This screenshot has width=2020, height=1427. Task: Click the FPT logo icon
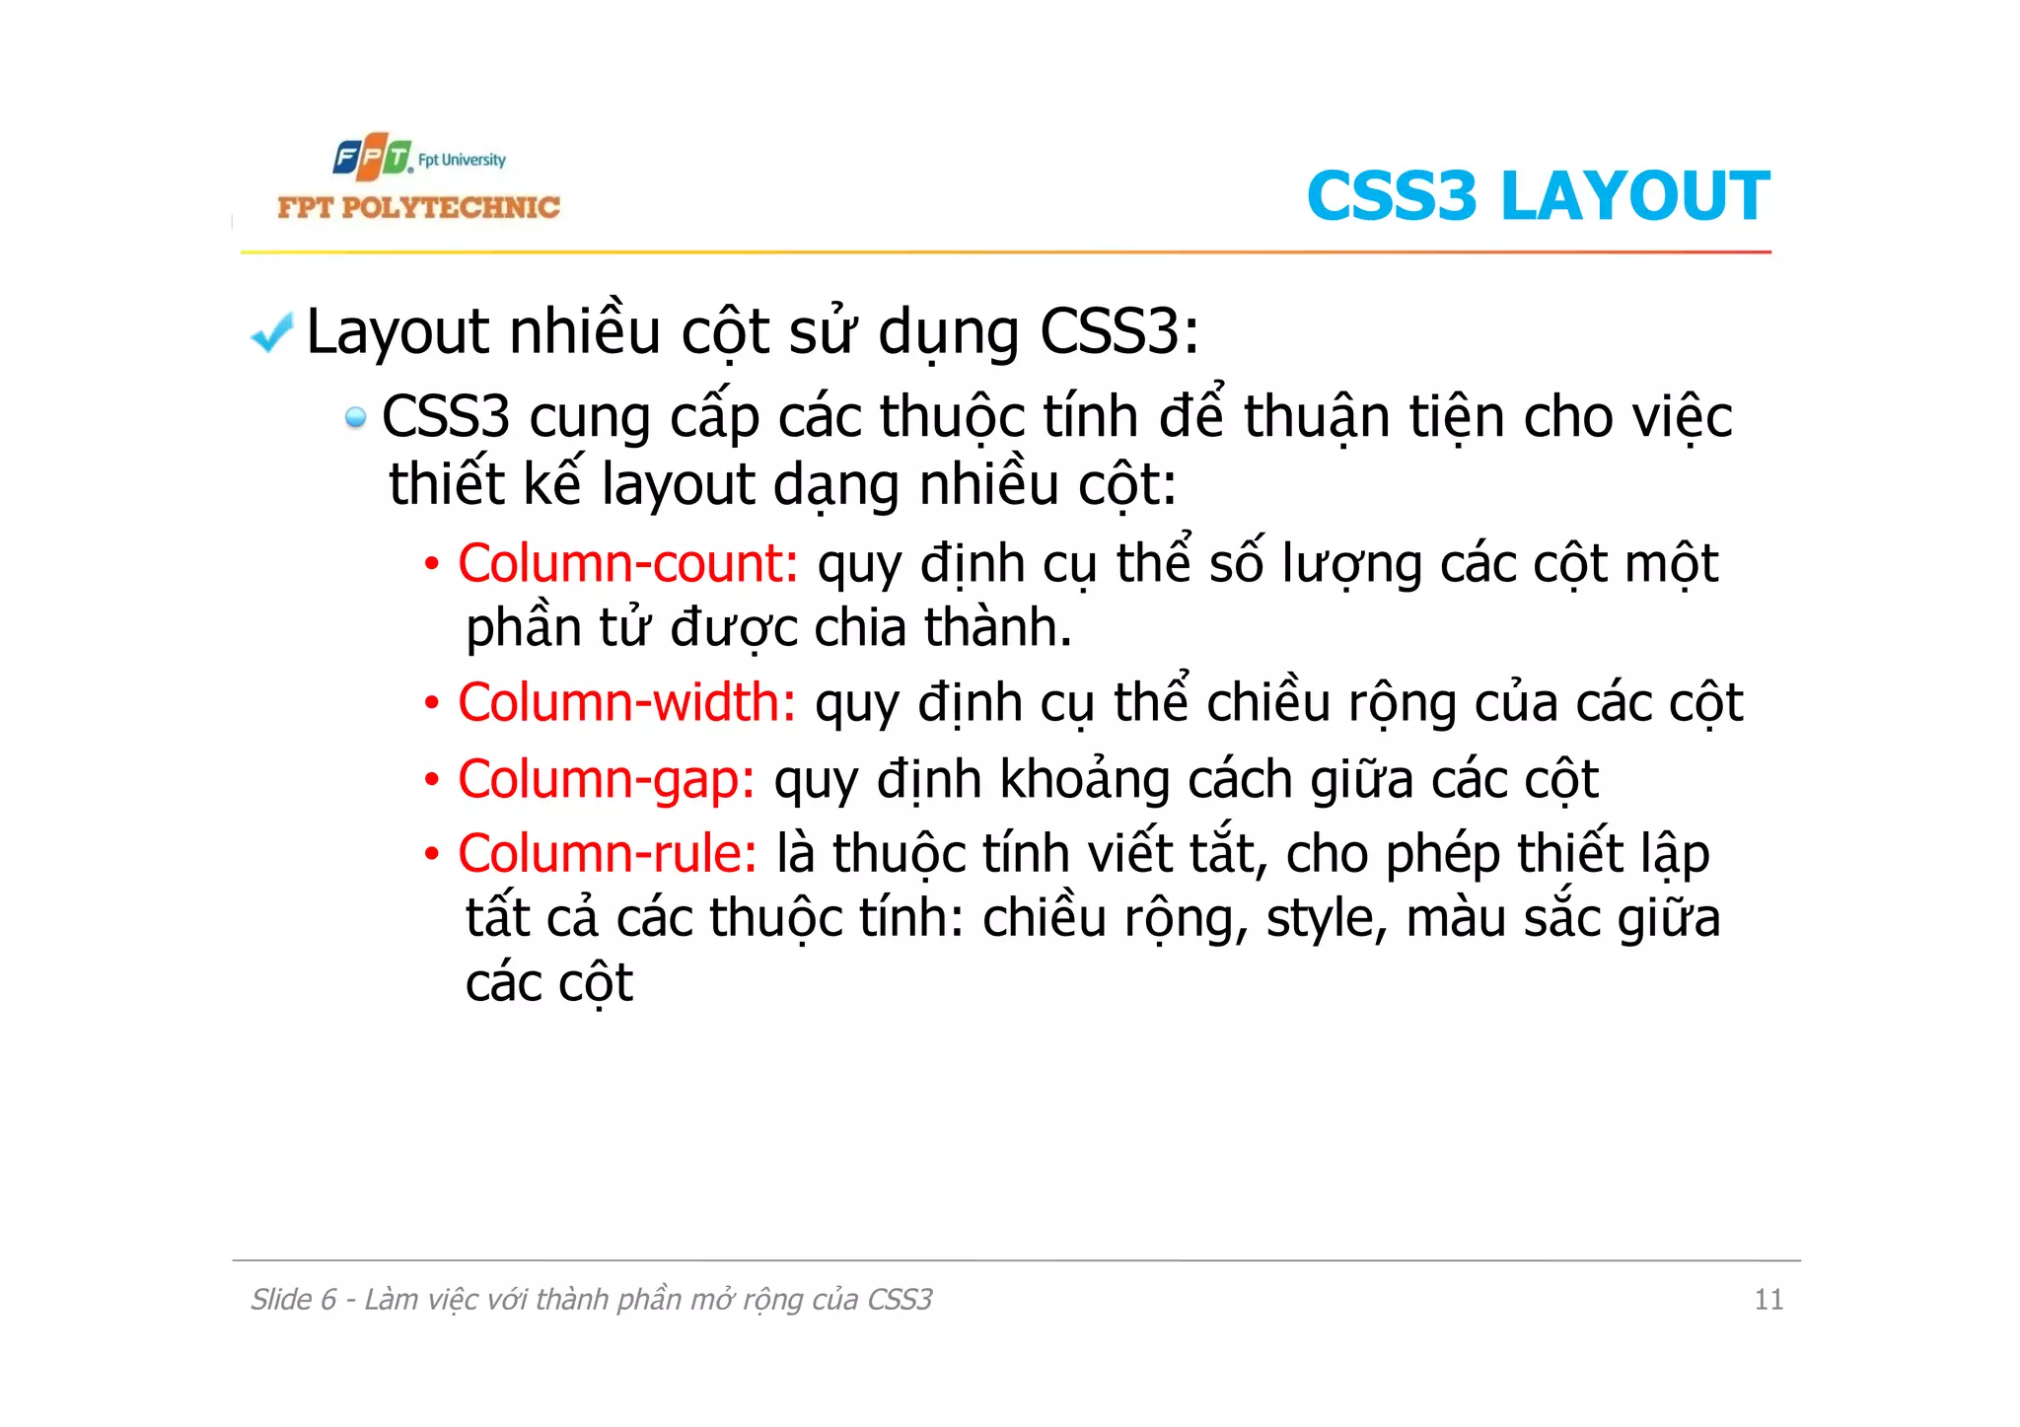coord(371,158)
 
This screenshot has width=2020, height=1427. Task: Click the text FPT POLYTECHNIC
coord(418,207)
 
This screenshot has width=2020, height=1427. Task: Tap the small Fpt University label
coord(462,160)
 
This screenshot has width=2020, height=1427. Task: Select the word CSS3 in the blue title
coord(1392,195)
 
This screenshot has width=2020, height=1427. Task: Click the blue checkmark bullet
coord(271,332)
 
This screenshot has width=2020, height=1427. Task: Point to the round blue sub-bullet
coord(355,418)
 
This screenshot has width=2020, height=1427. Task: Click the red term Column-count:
coord(627,563)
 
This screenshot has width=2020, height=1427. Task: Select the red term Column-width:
coord(626,702)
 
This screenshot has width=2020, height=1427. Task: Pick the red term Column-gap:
coord(606,779)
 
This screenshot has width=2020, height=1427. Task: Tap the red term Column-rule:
coord(607,853)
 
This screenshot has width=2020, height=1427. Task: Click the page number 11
coord(1767,1300)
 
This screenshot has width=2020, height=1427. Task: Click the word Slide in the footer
coord(281,1300)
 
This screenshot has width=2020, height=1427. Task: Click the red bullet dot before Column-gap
coord(431,780)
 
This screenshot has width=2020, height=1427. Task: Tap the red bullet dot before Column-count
coord(431,565)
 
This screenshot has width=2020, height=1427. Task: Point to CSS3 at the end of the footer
coord(900,1300)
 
